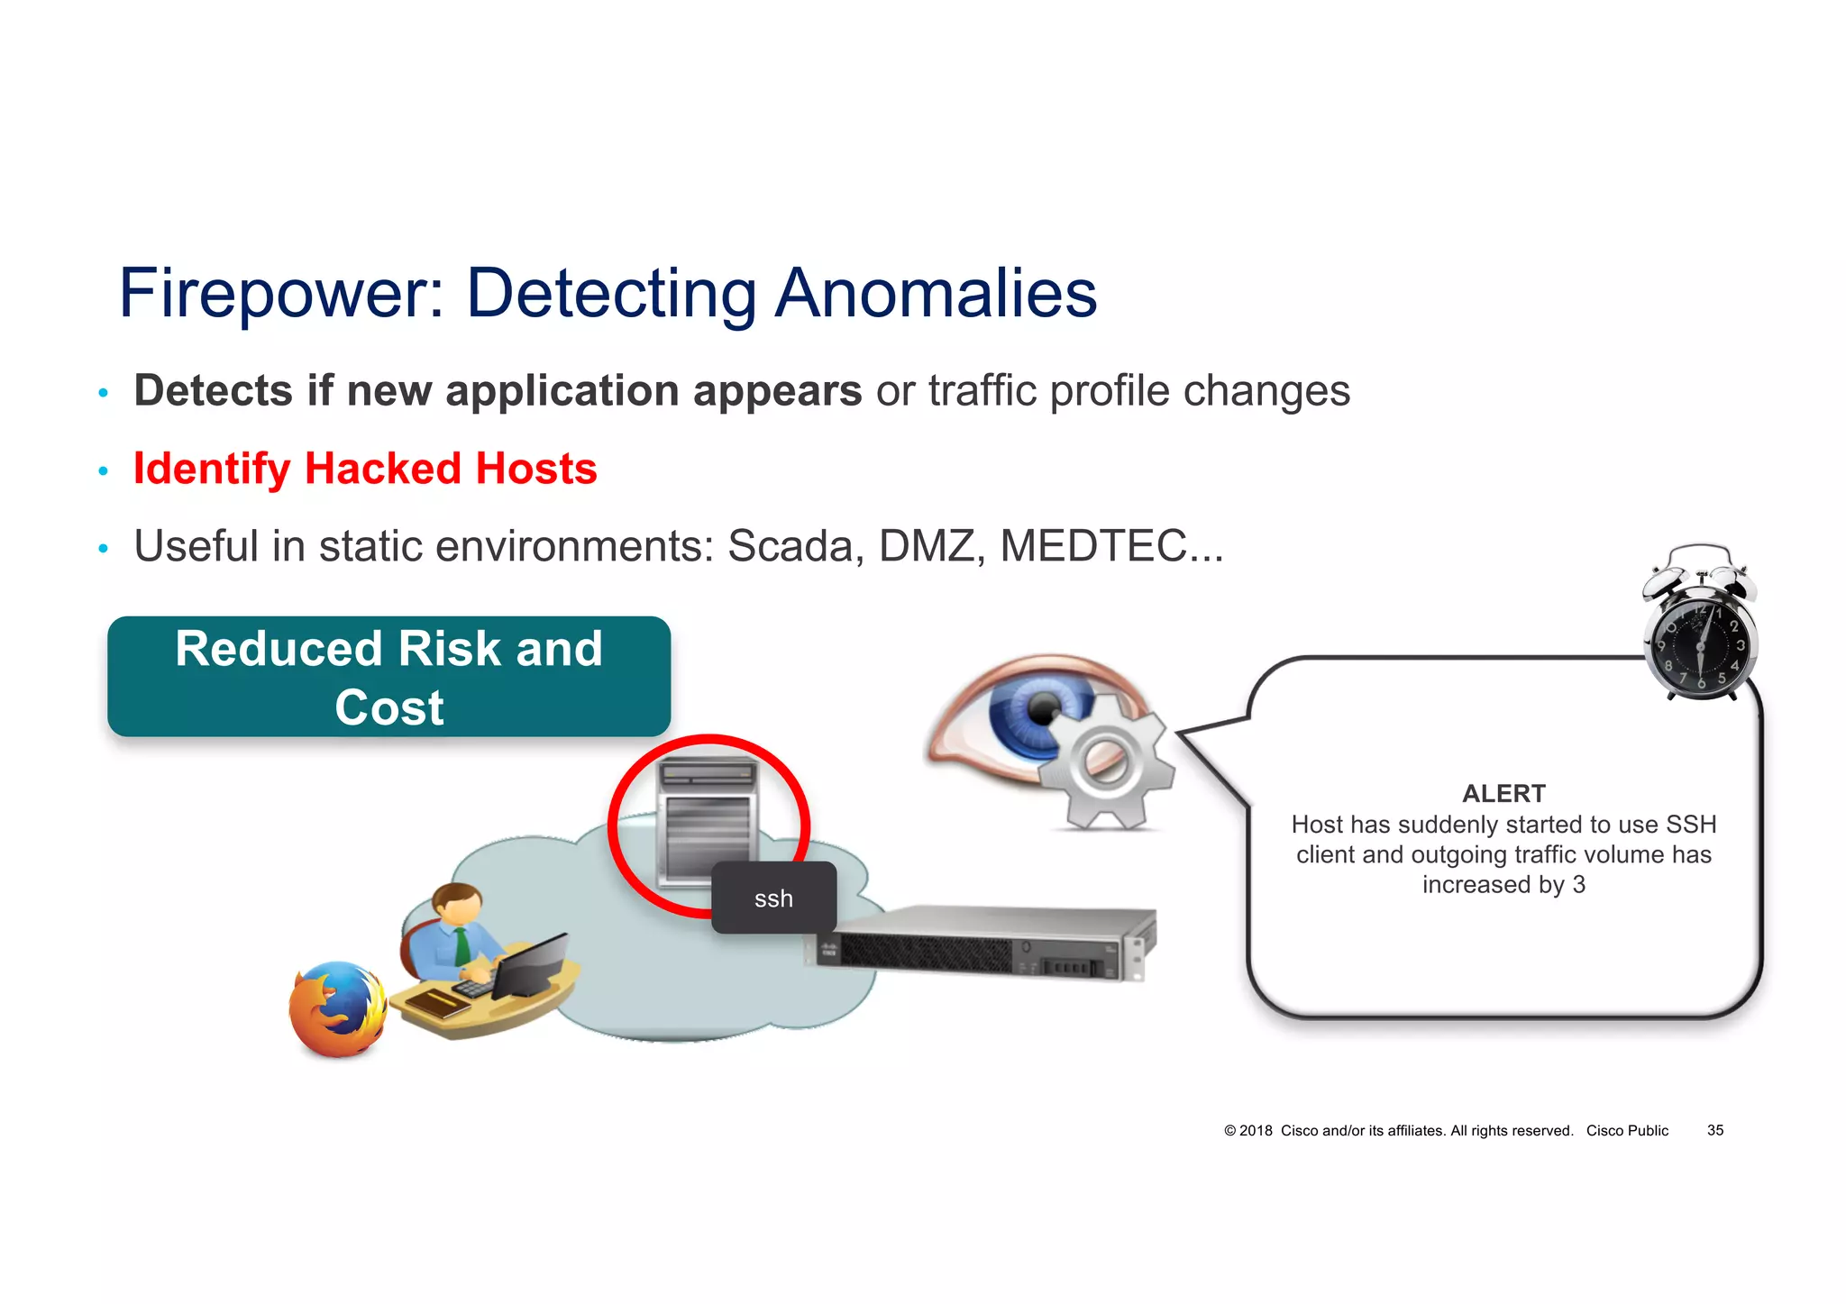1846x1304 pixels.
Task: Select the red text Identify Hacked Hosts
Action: point(365,469)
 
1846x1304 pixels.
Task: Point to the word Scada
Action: point(790,546)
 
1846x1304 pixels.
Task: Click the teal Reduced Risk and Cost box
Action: point(388,677)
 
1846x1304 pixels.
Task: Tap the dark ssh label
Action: point(773,898)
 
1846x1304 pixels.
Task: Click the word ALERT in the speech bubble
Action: point(1503,794)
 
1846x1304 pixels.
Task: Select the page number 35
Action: point(1714,1130)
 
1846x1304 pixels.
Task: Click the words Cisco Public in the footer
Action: point(1627,1130)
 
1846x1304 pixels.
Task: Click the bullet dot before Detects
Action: point(104,393)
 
